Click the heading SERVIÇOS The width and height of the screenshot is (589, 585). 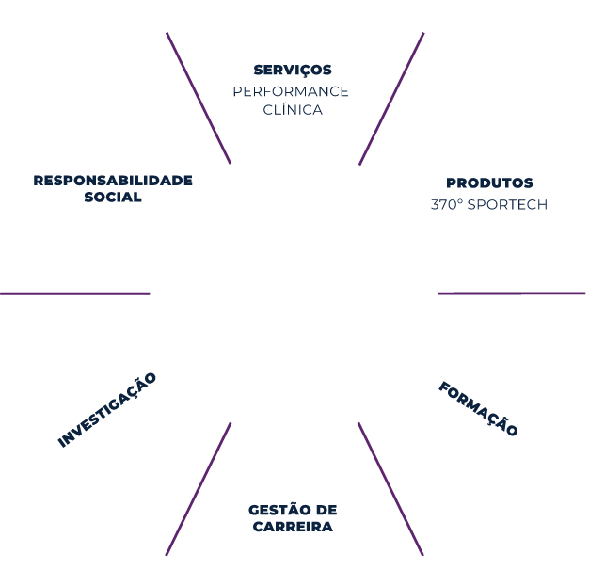(x=292, y=71)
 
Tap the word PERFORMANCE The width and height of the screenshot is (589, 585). (x=291, y=91)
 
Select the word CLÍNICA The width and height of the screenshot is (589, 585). (x=293, y=110)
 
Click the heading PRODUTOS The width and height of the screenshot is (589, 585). (x=489, y=183)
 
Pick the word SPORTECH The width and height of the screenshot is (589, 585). (x=507, y=204)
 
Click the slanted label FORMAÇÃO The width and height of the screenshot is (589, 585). (x=478, y=409)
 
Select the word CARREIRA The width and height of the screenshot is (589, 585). (x=293, y=528)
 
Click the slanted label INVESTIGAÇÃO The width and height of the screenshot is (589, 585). (x=107, y=410)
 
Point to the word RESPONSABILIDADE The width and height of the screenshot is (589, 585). (x=113, y=180)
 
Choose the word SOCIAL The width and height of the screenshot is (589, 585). (x=113, y=198)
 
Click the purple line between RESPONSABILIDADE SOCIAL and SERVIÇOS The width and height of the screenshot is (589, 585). (x=199, y=99)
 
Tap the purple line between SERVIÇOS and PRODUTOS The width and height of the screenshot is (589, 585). (x=391, y=99)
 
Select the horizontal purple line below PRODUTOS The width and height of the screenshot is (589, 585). (x=511, y=293)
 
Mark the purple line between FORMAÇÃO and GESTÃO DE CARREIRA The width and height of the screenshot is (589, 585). (x=390, y=489)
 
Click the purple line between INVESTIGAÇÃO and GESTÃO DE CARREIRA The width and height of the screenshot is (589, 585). (x=199, y=489)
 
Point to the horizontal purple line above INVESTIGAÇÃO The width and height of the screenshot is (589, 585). (x=74, y=293)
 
